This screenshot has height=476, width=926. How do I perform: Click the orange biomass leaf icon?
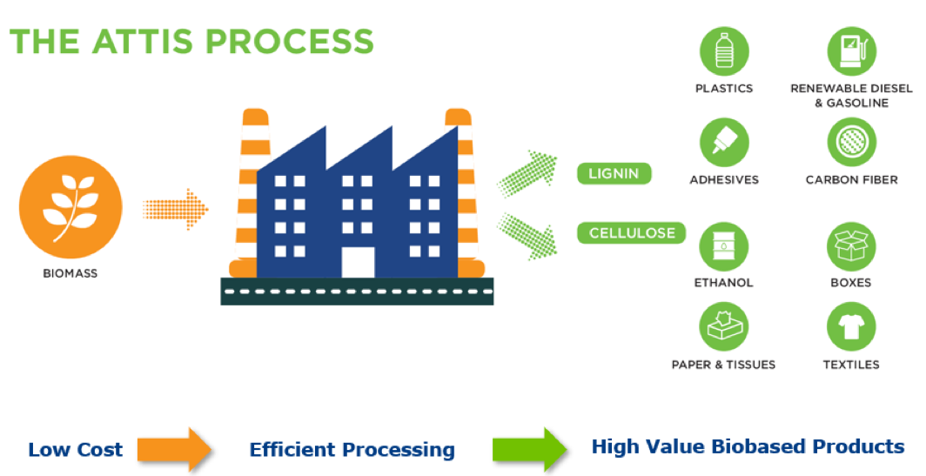tap(70, 207)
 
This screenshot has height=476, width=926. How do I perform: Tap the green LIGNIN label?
tap(614, 174)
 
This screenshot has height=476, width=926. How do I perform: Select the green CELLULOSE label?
tap(631, 232)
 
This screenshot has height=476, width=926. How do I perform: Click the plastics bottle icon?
tap(724, 51)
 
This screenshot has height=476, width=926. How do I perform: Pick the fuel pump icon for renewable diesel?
tap(851, 51)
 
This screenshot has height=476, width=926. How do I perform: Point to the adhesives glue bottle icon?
tap(724, 143)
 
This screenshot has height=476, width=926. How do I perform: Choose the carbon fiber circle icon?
tap(851, 143)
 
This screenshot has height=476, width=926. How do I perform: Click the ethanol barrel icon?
tap(724, 246)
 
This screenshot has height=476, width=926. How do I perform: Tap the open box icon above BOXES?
tap(851, 246)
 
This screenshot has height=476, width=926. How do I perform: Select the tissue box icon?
tap(724, 326)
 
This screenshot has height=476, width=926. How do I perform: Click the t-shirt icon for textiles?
tap(851, 326)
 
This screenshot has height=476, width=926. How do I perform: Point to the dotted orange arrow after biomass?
tap(176, 209)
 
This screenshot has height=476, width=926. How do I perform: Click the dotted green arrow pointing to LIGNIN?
tap(527, 172)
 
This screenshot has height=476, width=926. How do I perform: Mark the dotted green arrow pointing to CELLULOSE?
tap(527, 236)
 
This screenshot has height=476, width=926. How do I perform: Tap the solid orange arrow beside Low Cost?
tap(175, 449)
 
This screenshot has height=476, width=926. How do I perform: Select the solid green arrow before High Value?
tap(530, 449)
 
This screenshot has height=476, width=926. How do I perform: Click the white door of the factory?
tap(358, 262)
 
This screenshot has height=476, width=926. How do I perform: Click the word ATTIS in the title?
tap(142, 42)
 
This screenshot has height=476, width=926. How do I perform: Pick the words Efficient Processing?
tap(352, 450)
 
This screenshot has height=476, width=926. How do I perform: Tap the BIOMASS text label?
tap(70, 273)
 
